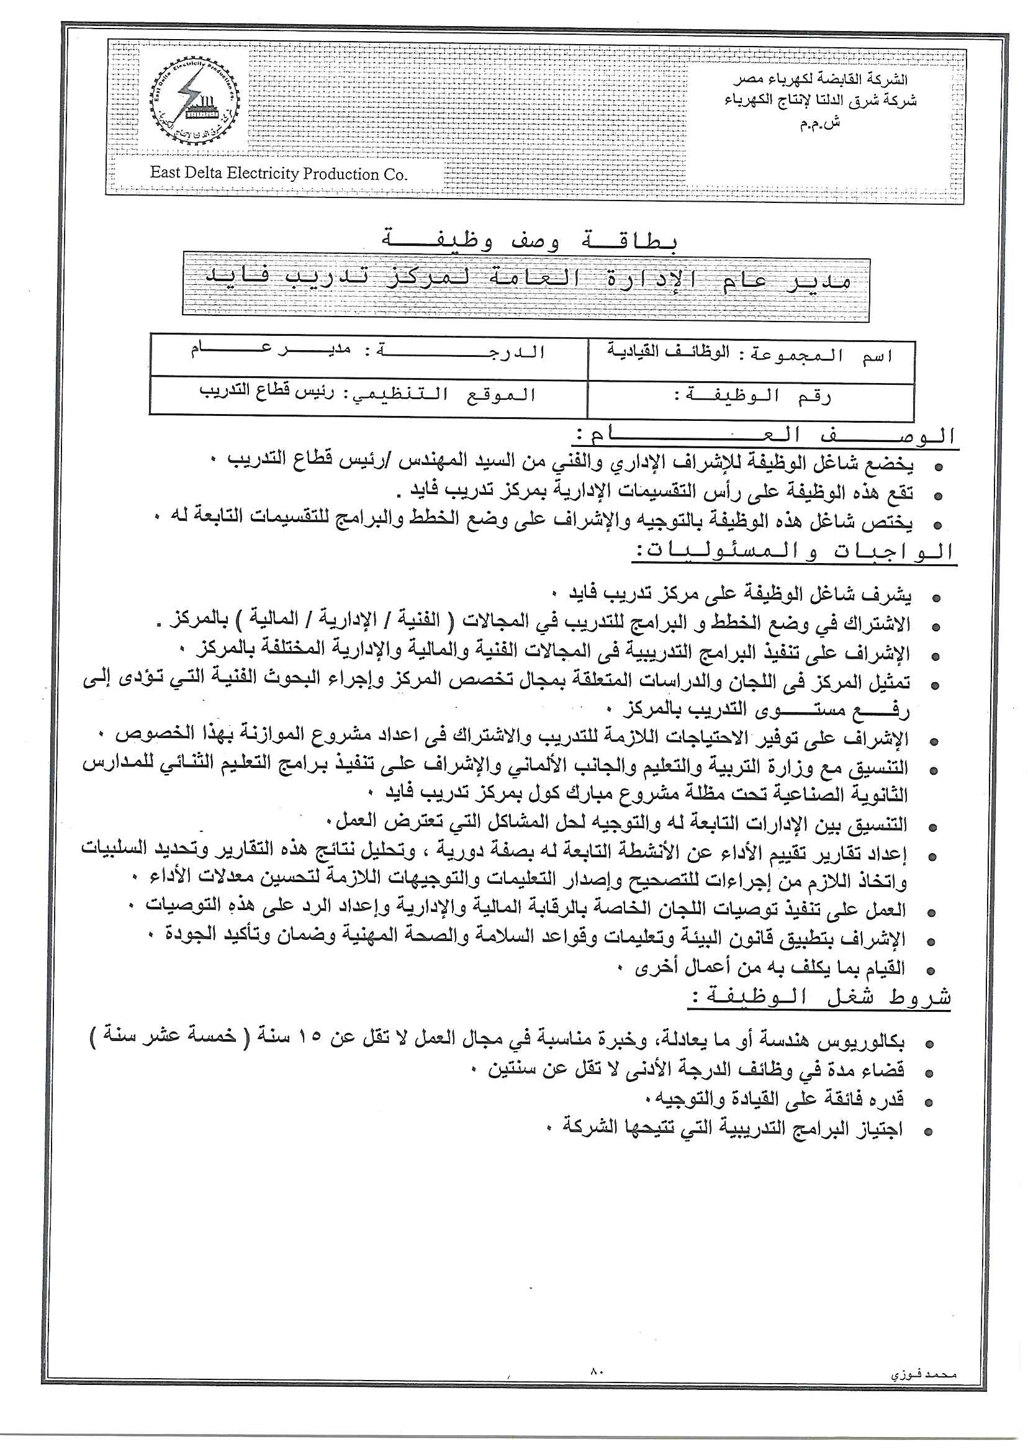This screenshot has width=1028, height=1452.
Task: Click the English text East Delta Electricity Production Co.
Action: (279, 174)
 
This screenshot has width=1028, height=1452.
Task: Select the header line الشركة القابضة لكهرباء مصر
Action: (821, 80)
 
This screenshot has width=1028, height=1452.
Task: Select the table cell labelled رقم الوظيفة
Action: (751, 397)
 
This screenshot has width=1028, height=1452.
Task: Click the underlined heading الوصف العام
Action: (766, 436)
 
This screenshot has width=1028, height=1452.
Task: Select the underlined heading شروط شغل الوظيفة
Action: (821, 999)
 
